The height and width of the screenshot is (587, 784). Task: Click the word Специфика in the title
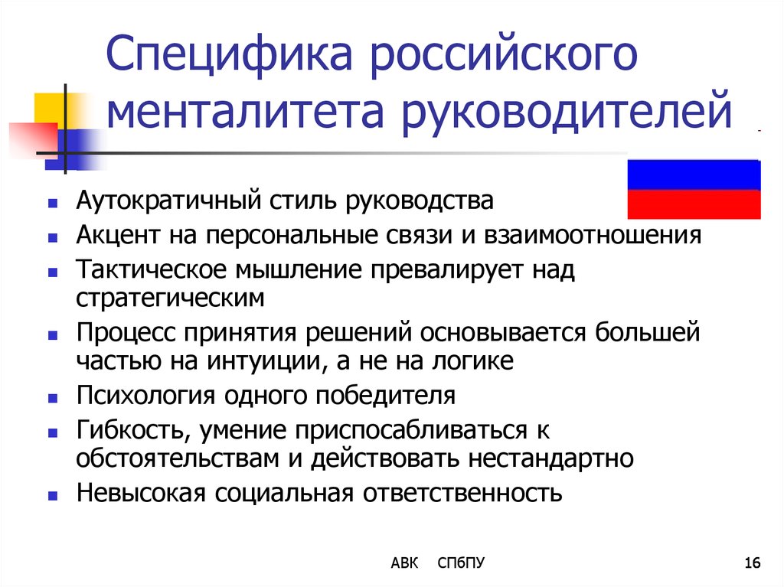pos(230,54)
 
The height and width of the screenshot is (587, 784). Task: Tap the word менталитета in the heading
pos(245,111)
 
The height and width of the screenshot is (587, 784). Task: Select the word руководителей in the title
pos(567,112)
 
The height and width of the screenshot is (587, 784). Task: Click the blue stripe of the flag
pos(694,174)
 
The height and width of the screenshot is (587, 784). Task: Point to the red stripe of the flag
pos(694,204)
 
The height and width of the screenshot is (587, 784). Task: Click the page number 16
pos(752,563)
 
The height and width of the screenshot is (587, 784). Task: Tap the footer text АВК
pos(404,563)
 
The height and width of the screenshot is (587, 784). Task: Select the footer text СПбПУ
pos(460,563)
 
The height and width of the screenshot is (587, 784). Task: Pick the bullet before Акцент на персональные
pos(53,237)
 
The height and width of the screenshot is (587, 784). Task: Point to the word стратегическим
pos(170,298)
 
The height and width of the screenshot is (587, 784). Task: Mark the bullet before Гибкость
pos(53,432)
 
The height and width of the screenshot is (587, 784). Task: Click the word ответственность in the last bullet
pos(462,494)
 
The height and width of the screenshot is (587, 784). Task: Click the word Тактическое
pos(151,270)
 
